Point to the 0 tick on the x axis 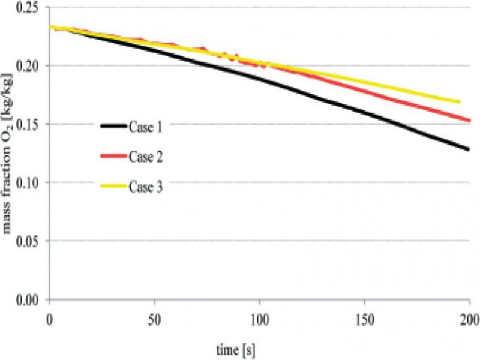50,316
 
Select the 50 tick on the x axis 155,316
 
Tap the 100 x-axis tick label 259,316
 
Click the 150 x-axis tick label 364,316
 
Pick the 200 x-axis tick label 469,316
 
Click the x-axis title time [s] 238,347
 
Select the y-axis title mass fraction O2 9,153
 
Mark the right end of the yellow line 459,102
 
